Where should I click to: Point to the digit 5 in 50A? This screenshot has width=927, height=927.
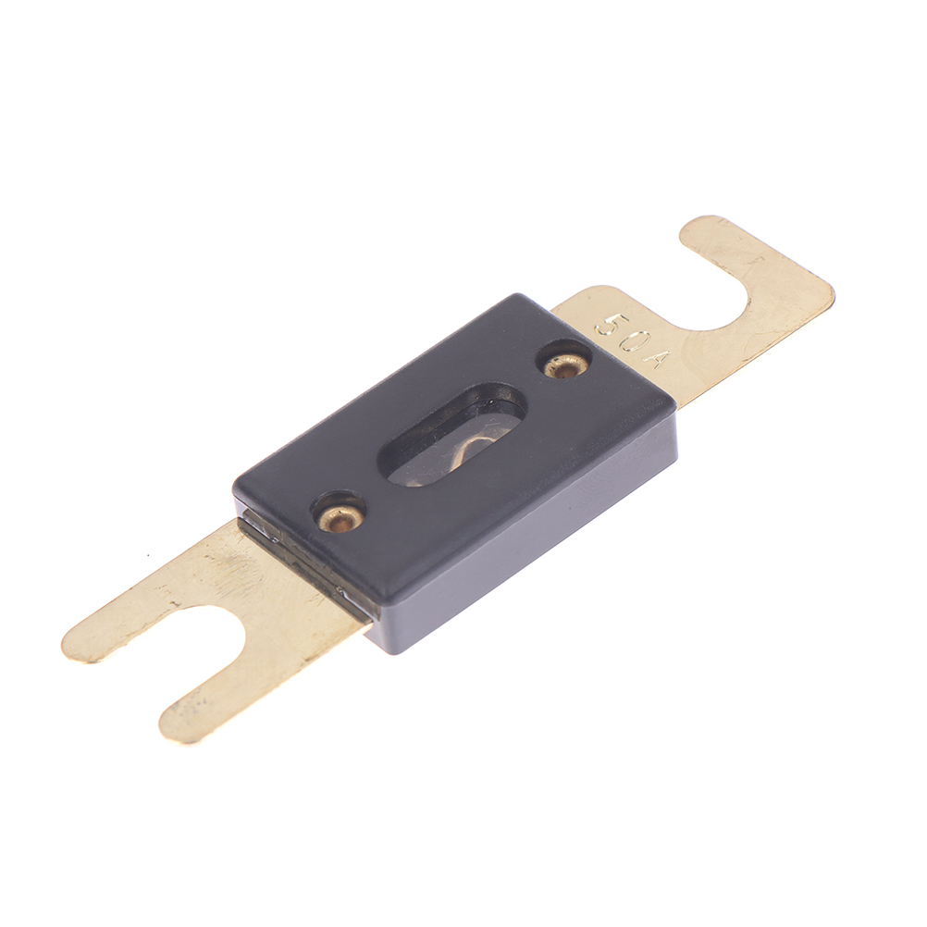609,325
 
